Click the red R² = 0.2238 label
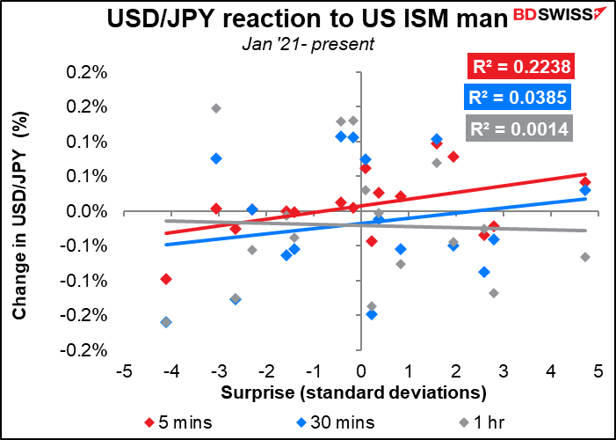click(521, 67)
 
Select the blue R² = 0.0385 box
click(518, 97)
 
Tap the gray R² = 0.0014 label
click(519, 128)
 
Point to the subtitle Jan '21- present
click(308, 44)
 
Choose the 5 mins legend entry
click(178, 422)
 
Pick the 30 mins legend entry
click(336, 422)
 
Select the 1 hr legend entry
click(482, 422)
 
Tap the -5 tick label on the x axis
click(124, 371)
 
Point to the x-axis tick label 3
click(504, 371)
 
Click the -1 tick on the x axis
click(314, 371)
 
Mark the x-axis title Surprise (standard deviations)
click(353, 392)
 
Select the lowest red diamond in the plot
click(166, 279)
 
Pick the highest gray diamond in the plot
click(215, 108)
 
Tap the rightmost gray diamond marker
click(585, 257)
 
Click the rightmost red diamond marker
click(585, 182)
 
